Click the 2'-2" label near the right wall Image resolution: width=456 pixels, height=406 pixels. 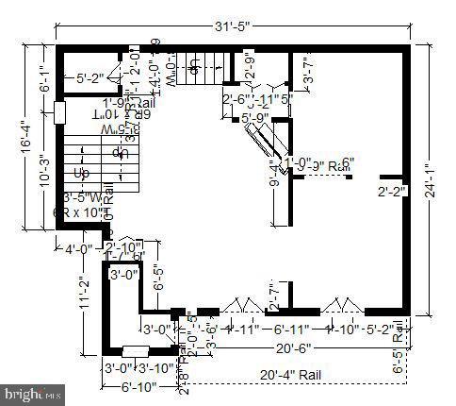390,192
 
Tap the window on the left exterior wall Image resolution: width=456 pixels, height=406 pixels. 58,111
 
